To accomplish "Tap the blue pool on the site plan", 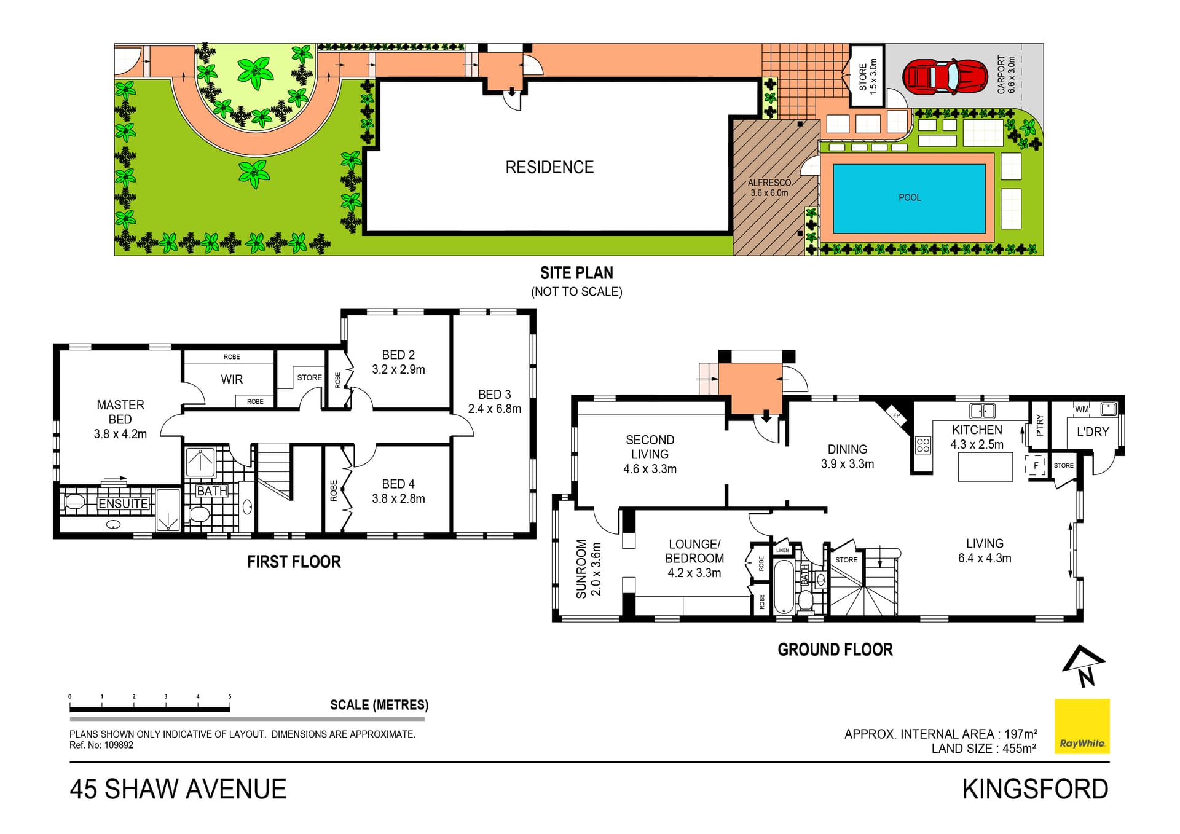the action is [910, 199].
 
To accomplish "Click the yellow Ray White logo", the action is [1082, 726].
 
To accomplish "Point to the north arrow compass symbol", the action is [1084, 666].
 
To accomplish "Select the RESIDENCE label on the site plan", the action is [549, 167].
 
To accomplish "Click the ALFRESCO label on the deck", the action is [769, 183].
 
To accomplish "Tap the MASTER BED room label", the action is [120, 412].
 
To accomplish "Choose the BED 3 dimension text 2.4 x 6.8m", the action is [495, 409].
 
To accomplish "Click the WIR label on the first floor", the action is [232, 379].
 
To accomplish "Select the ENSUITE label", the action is [124, 503].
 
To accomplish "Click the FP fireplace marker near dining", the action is [897, 416].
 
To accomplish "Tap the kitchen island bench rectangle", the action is [985, 467].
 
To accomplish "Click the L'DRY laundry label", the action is [1093, 432].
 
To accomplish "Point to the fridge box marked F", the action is [1036, 465].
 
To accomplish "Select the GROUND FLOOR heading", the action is [835, 650].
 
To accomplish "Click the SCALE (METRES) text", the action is [379, 705].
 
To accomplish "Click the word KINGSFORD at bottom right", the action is [1036, 789].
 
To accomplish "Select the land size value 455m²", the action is [1020, 748].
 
